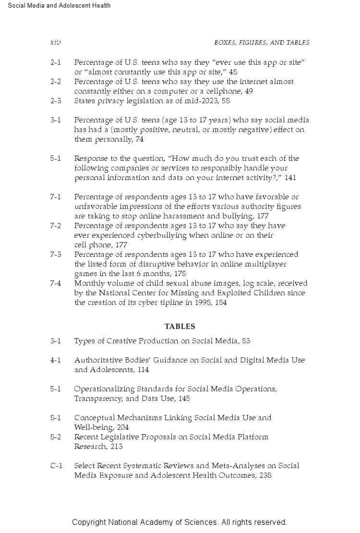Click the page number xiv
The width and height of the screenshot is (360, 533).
tap(55, 43)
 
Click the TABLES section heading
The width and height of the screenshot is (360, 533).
tap(180, 327)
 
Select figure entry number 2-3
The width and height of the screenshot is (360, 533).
tap(56, 101)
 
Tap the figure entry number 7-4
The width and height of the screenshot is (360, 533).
tap(56, 283)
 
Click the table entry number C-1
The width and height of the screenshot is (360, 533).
tap(56, 466)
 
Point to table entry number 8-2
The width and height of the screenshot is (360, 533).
tap(56, 437)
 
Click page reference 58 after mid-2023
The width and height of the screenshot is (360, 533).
tap(226, 101)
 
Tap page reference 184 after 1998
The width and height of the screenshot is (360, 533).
tap(221, 303)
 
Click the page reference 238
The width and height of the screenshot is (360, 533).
tap(265, 475)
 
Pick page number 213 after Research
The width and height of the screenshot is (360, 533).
tap(116, 447)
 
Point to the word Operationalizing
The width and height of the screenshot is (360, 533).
tap(104, 389)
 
